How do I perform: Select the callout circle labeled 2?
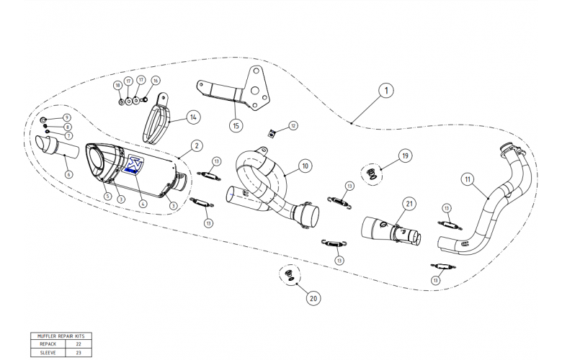click(x=197, y=146)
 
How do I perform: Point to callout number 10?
click(x=304, y=166)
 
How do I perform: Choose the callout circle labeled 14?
click(x=192, y=116)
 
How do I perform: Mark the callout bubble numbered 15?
click(x=236, y=125)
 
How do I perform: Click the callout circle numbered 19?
click(x=405, y=155)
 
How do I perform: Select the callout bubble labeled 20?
click(x=313, y=297)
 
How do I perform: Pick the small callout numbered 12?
click(x=293, y=125)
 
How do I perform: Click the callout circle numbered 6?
click(x=68, y=174)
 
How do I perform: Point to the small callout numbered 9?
click(x=67, y=117)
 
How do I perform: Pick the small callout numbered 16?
click(x=156, y=81)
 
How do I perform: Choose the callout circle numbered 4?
click(x=143, y=204)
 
